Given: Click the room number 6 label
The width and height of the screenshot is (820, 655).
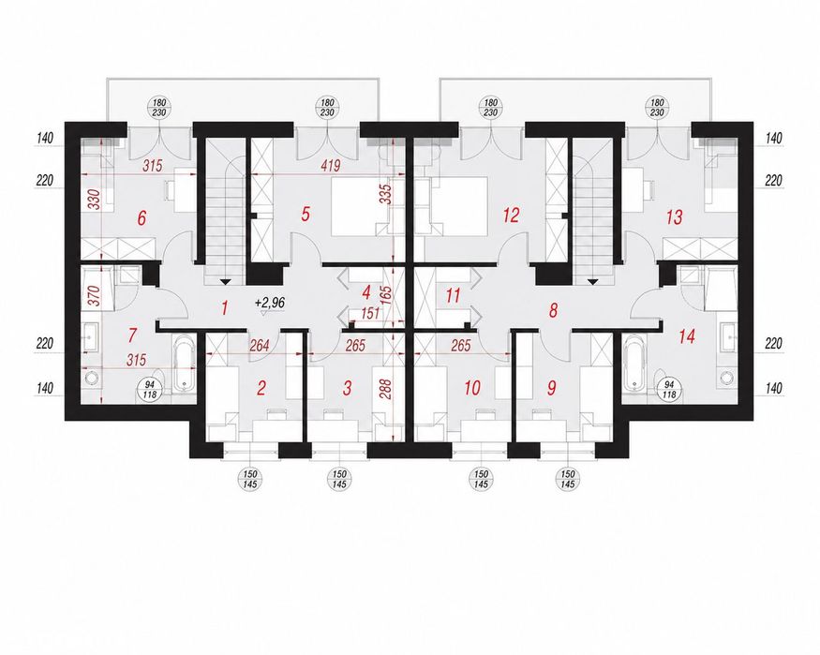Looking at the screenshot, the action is click(142, 218).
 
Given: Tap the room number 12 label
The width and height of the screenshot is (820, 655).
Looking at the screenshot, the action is click(511, 215).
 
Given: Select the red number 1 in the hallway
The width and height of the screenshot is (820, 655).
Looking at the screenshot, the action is click(225, 308).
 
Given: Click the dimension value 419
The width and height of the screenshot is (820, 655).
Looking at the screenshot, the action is click(330, 166).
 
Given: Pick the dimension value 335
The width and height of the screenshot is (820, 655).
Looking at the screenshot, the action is click(386, 195).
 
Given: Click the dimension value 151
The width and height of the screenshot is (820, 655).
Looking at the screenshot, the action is click(370, 314).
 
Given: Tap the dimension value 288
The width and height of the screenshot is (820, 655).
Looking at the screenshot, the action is click(386, 388).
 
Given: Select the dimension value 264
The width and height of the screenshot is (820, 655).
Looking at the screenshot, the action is click(260, 345).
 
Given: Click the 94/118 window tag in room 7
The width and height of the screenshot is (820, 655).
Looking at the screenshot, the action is click(150, 390).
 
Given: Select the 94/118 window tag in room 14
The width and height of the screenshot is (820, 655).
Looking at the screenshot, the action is click(669, 390).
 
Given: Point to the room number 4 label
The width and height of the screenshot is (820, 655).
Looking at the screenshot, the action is click(366, 292).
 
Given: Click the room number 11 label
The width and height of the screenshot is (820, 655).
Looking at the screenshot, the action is click(453, 295).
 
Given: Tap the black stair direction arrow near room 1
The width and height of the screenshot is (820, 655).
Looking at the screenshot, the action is click(225, 282).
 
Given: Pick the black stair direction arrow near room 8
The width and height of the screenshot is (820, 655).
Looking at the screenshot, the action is click(592, 282).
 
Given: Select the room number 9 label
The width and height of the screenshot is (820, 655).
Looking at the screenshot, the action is click(551, 388).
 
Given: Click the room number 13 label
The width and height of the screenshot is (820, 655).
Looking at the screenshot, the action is click(675, 217).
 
